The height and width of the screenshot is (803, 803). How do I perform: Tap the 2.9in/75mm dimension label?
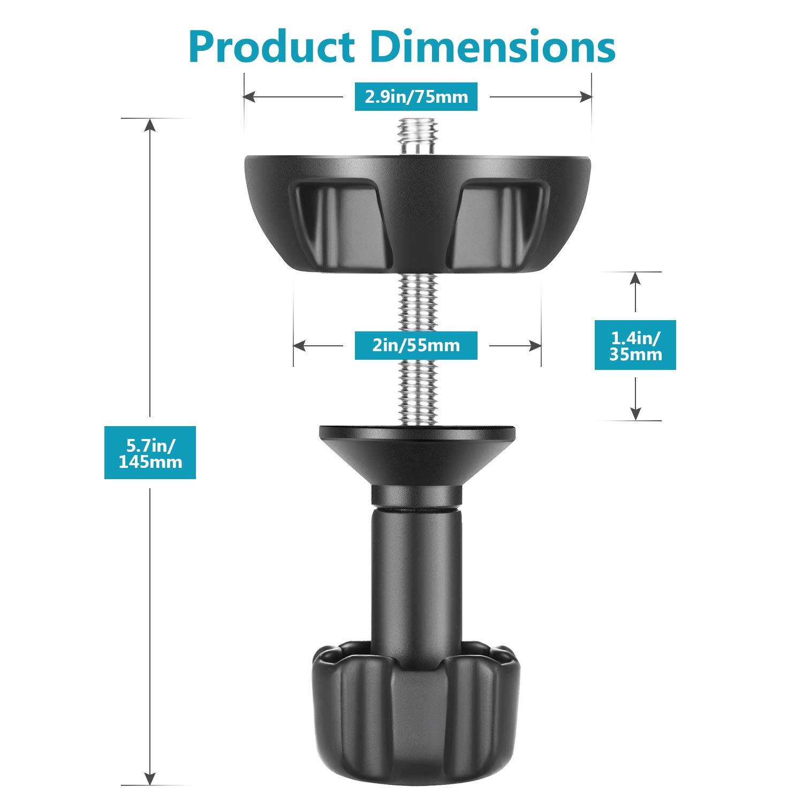coord(416,97)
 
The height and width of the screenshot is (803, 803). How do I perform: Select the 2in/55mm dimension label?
coord(416,345)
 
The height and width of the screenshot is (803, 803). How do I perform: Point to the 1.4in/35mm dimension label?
coord(635,345)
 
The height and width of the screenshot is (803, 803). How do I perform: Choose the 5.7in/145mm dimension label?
coord(150,452)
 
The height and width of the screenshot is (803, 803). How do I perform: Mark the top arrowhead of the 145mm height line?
coord(150,124)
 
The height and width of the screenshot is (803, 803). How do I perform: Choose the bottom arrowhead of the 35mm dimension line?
coord(635,413)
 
